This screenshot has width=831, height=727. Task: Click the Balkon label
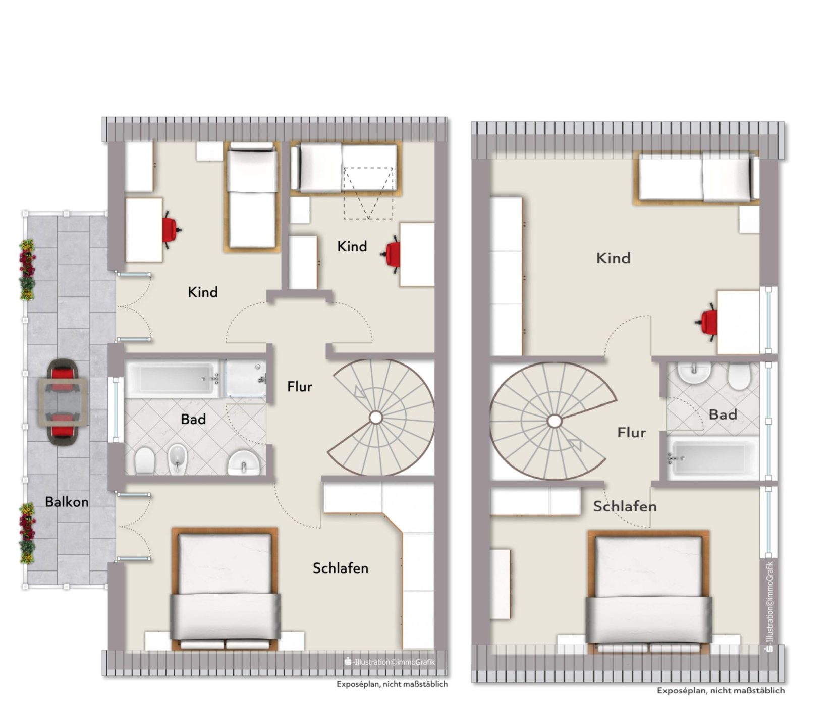point(67,502)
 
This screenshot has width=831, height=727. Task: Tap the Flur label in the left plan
point(300,387)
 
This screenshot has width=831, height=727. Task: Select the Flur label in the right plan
point(631,433)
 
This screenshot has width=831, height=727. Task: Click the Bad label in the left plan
point(193,419)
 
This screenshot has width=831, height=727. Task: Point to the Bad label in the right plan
point(723,414)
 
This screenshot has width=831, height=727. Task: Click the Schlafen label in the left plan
point(341,568)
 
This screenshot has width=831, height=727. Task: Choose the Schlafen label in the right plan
point(625,506)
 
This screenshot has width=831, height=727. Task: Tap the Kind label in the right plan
point(613,258)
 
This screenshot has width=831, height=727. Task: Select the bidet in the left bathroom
point(177,458)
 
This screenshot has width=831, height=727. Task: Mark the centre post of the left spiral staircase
point(375,417)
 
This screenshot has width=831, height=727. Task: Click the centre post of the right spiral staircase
point(554,421)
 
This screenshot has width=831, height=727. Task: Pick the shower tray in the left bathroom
point(245,378)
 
